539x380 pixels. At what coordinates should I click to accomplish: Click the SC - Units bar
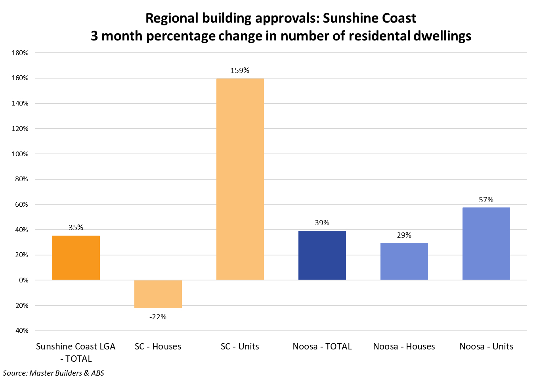click(240, 179)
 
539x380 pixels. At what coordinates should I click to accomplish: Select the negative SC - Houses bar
click(158, 294)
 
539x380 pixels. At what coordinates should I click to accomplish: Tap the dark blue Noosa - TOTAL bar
click(322, 255)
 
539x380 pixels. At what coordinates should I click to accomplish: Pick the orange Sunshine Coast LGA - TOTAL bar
click(76, 258)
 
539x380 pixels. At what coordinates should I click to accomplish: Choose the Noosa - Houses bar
click(404, 261)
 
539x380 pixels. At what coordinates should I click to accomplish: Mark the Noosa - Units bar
click(486, 244)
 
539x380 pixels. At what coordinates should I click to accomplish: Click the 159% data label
click(240, 71)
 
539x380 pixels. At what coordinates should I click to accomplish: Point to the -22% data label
click(158, 317)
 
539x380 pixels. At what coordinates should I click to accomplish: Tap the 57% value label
click(486, 200)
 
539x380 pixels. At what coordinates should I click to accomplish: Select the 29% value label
click(404, 235)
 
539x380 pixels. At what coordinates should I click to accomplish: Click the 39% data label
click(322, 223)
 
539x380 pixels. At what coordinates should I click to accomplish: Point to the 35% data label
click(76, 228)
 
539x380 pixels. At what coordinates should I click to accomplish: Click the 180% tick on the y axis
click(20, 53)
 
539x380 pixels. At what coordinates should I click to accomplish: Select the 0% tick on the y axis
click(23, 280)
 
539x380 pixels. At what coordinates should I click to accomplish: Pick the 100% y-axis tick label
click(20, 154)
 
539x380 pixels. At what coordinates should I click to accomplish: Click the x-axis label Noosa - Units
click(486, 346)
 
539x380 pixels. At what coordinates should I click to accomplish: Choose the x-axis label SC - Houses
click(158, 346)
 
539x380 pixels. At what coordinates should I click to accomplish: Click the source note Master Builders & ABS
click(54, 373)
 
